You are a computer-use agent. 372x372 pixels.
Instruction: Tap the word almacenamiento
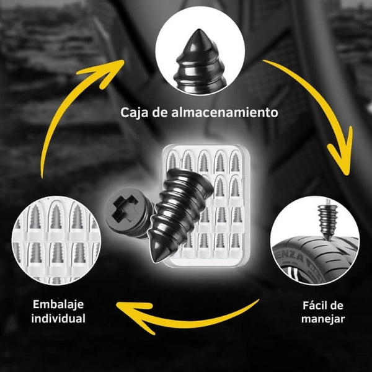tap(224, 112)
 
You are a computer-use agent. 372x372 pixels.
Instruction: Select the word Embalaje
tap(58, 304)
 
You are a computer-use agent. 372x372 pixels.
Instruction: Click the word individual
tap(58, 319)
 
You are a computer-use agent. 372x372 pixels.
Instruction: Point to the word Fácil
tap(313, 305)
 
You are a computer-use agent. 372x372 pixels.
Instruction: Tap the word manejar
tap(323, 319)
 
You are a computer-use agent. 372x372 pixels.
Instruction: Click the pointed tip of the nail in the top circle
tap(199, 30)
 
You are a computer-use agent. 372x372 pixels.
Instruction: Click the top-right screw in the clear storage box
tap(235, 161)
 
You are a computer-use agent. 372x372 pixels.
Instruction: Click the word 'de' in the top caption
tap(160, 112)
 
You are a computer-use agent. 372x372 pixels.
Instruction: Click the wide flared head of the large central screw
tap(190, 180)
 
